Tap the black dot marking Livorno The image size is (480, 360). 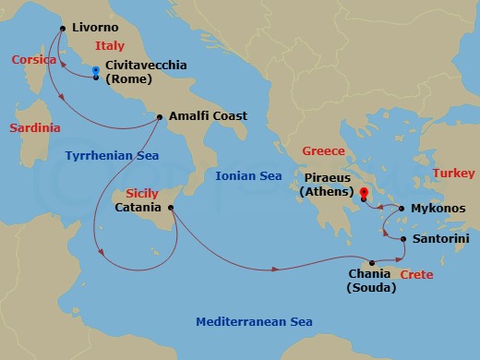tap(63, 29)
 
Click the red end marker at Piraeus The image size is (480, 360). tap(364, 193)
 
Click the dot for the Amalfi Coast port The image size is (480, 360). tap(161, 116)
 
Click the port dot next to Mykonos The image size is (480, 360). tap(402, 209)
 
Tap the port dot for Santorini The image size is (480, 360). tap(404, 239)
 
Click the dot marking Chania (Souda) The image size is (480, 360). tap(373, 261)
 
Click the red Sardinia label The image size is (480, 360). tap(35, 127)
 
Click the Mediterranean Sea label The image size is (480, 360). tap(255, 321)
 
